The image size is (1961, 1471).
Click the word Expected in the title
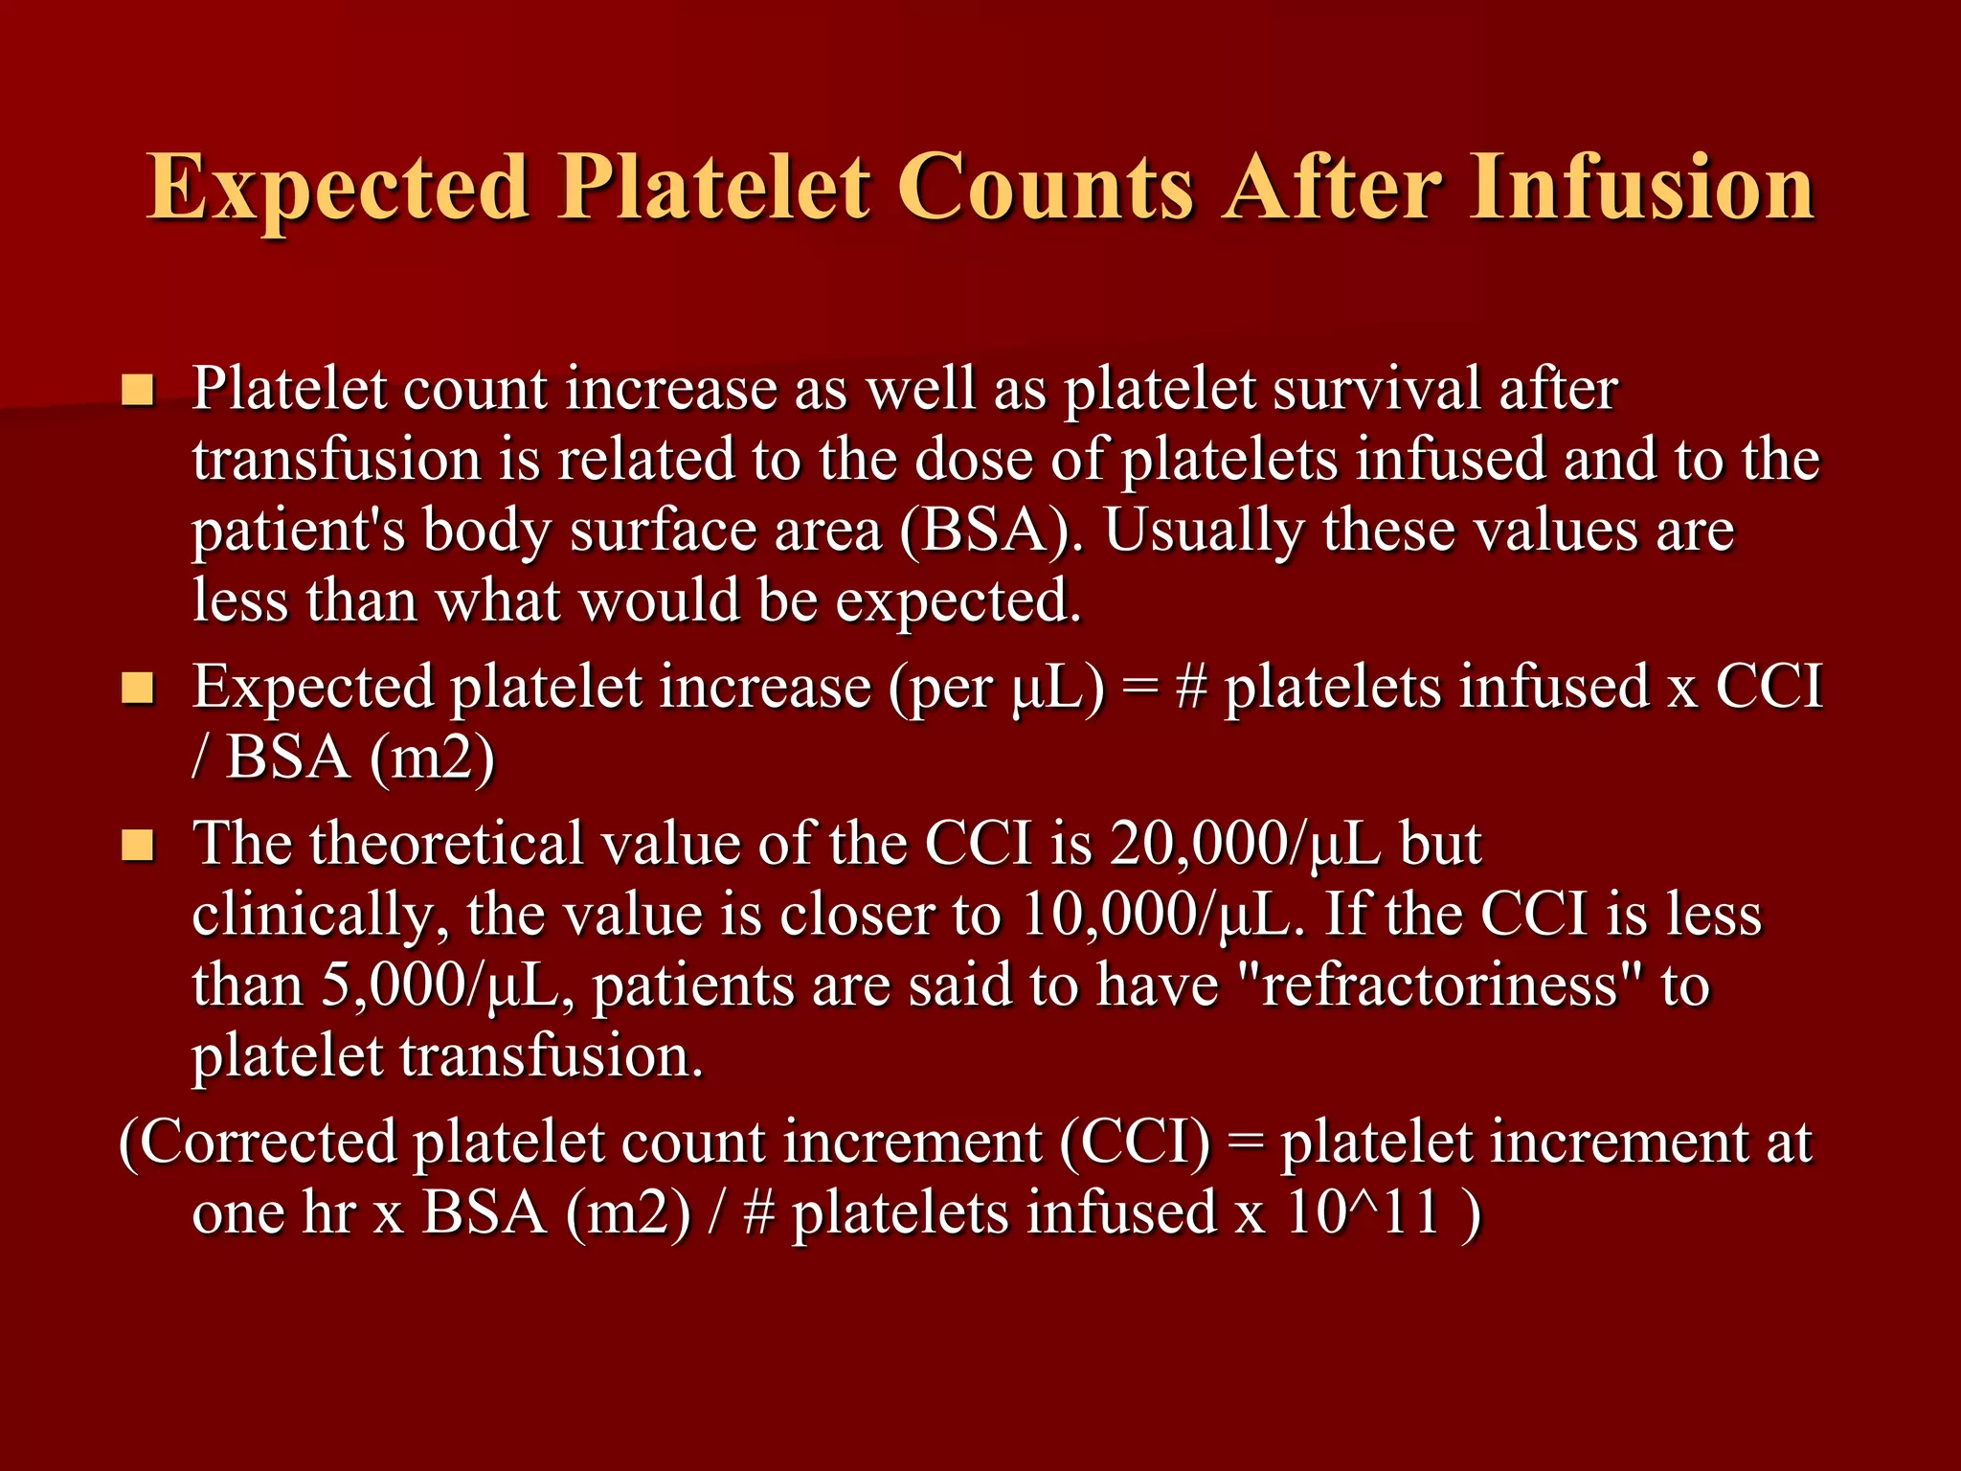point(338,187)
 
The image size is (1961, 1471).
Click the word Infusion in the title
point(1641,187)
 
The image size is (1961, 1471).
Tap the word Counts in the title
point(1046,187)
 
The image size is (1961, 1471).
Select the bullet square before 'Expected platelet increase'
point(138,688)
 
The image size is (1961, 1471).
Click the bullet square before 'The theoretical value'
point(138,845)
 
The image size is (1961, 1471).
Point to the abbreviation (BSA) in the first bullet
point(992,532)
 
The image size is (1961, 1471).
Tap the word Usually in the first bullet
point(1203,532)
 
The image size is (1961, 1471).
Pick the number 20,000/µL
point(1245,845)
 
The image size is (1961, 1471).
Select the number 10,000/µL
point(1162,915)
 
